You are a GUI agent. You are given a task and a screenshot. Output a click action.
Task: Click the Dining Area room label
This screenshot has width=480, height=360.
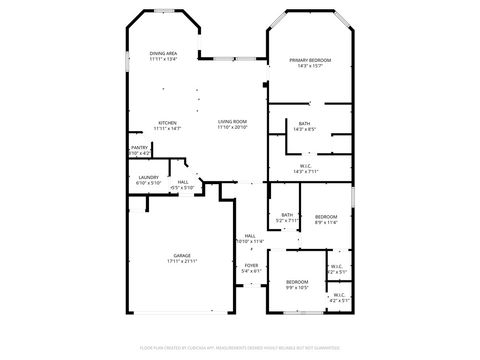[x=163, y=53]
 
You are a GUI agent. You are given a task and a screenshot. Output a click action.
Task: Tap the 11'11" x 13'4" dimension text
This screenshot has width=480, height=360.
[x=163, y=59]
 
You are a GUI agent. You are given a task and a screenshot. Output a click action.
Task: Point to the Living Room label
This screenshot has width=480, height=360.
[x=233, y=123]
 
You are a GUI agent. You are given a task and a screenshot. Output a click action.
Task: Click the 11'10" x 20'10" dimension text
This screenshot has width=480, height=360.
[x=233, y=129]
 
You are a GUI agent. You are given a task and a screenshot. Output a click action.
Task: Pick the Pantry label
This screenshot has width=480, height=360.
[x=139, y=147]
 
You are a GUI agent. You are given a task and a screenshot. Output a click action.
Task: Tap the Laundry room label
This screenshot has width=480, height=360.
[x=147, y=176]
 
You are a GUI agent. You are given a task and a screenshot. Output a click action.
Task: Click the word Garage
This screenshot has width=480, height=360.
[x=182, y=255]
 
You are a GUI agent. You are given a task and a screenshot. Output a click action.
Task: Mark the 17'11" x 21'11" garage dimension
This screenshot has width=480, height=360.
[x=182, y=261]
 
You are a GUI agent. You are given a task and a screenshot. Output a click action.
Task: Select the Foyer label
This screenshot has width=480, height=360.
[x=251, y=265]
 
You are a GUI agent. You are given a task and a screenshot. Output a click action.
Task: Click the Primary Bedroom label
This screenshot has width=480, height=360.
[x=310, y=60]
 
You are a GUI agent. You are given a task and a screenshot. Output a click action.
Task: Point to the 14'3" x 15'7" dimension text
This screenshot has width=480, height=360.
[x=310, y=67]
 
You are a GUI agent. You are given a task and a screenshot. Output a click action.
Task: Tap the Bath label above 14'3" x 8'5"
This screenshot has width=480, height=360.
[x=304, y=123]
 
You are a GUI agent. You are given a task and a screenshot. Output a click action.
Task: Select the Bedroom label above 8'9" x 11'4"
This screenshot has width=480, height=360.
[x=326, y=217]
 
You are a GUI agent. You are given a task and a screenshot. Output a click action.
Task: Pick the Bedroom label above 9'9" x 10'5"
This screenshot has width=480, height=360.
[x=297, y=282]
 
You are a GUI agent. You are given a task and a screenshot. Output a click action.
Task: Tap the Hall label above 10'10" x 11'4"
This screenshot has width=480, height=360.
[x=250, y=235]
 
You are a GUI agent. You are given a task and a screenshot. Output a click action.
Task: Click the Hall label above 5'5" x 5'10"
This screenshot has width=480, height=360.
[x=183, y=181]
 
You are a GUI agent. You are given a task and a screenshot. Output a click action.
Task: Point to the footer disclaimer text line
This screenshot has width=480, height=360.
[x=240, y=347]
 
